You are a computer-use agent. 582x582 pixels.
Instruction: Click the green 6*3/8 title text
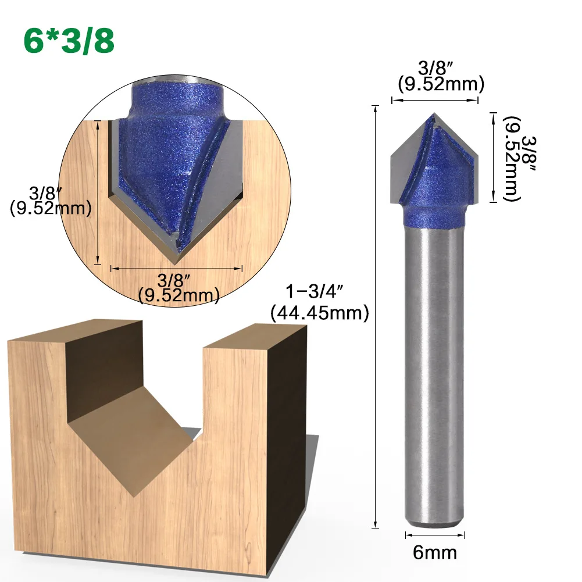pos(69,41)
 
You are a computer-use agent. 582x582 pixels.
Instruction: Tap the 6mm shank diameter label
pos(435,553)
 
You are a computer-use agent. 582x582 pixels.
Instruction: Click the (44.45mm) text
pos(320,313)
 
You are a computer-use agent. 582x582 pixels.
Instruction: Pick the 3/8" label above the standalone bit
pos(435,68)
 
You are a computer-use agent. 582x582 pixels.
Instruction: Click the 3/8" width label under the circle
pos(174,280)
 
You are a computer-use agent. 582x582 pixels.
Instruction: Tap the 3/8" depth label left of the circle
pos(45,193)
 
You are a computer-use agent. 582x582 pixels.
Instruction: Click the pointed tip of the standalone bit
pos(434,113)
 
